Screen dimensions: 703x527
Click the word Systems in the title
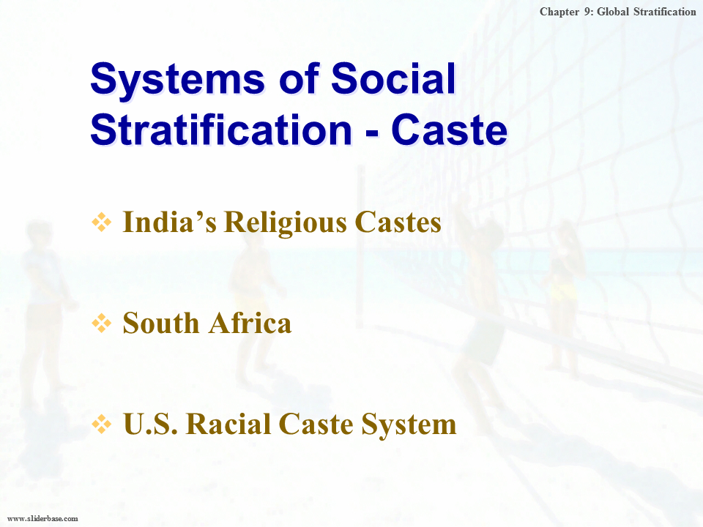pos(178,79)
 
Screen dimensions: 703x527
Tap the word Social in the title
pos(393,78)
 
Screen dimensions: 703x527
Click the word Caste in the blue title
pos(449,130)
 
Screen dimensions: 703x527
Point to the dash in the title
pos(372,133)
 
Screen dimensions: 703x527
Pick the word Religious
pos(286,223)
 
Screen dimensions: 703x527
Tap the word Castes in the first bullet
pos(398,222)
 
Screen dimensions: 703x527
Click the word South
pos(161,323)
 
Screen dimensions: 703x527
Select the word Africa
pos(250,323)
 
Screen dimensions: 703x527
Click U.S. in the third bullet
pos(150,424)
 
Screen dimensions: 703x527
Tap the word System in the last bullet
pos(409,425)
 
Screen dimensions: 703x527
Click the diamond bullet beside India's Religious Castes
pos(102,223)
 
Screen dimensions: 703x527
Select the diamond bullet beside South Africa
pos(102,323)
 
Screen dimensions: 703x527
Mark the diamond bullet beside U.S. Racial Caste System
pos(102,424)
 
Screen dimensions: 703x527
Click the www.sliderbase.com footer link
pos(43,518)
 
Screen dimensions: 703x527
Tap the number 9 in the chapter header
pos(588,12)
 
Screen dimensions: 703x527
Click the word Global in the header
pos(613,12)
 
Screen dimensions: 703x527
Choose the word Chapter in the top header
pos(559,12)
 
